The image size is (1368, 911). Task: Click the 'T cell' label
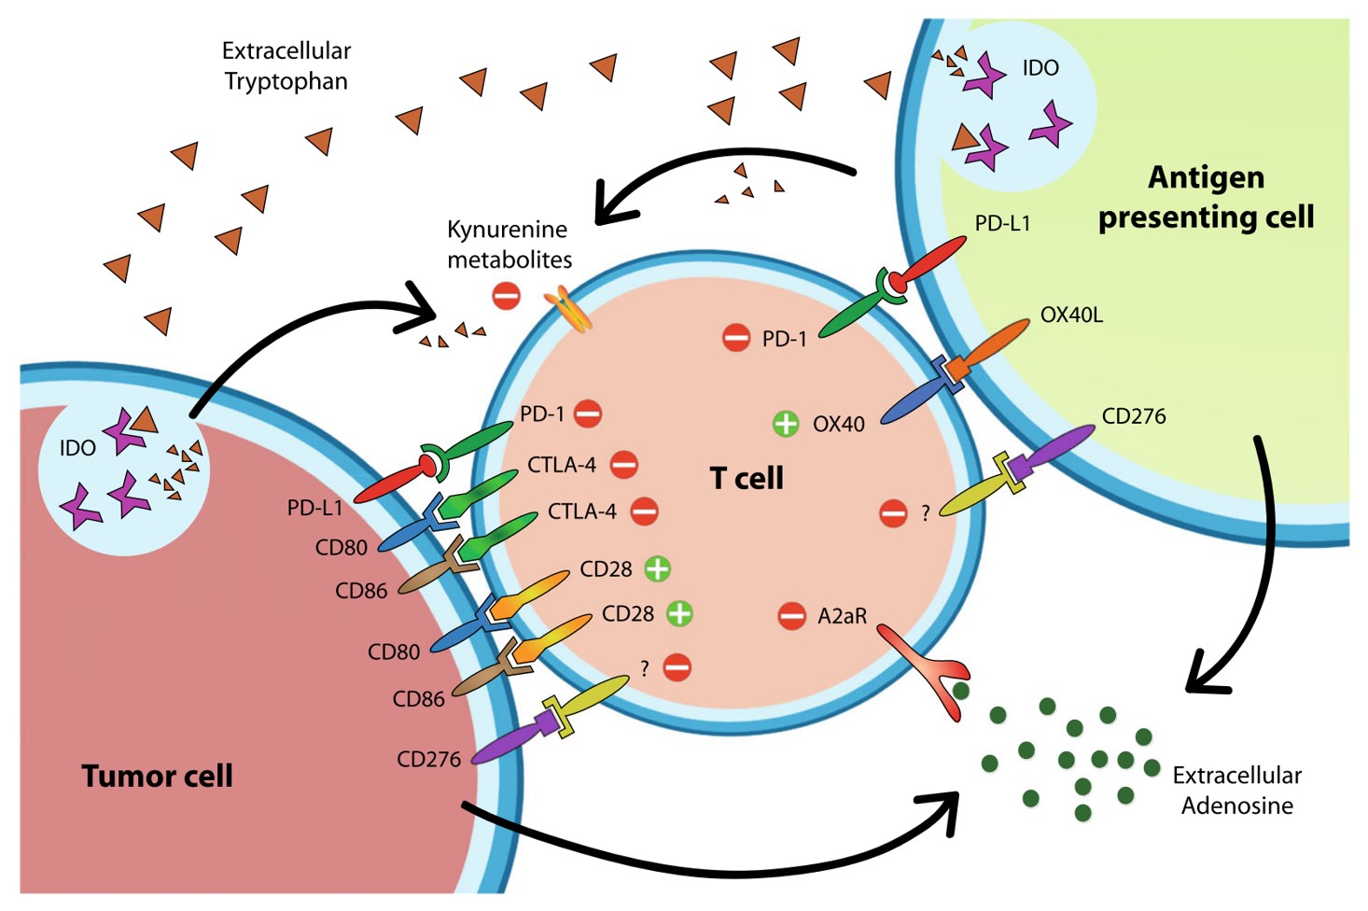pos(747,478)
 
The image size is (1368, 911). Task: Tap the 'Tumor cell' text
pos(157,776)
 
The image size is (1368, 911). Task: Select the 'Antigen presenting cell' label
pos(1206,197)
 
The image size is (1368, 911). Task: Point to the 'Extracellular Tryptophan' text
pos(286,65)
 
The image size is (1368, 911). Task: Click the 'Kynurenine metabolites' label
pos(509,244)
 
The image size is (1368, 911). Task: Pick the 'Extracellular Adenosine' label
pos(1236,791)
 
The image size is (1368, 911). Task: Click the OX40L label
pos(1071,315)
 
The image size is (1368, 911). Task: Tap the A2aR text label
pos(842,616)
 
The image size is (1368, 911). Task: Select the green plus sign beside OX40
pos(786,424)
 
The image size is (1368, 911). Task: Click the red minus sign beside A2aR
pos(791,616)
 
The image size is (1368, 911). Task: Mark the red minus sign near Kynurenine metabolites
pos(506,297)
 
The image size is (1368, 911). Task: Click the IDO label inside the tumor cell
pos(77,448)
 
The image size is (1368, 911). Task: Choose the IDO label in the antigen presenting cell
pos(1040,68)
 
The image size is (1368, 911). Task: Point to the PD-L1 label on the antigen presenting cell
pos(1002,224)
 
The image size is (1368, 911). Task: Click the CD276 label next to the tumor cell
pos(428,760)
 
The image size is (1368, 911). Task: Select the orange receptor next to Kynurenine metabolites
pos(568,309)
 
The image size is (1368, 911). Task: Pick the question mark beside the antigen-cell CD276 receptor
pos(925,513)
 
